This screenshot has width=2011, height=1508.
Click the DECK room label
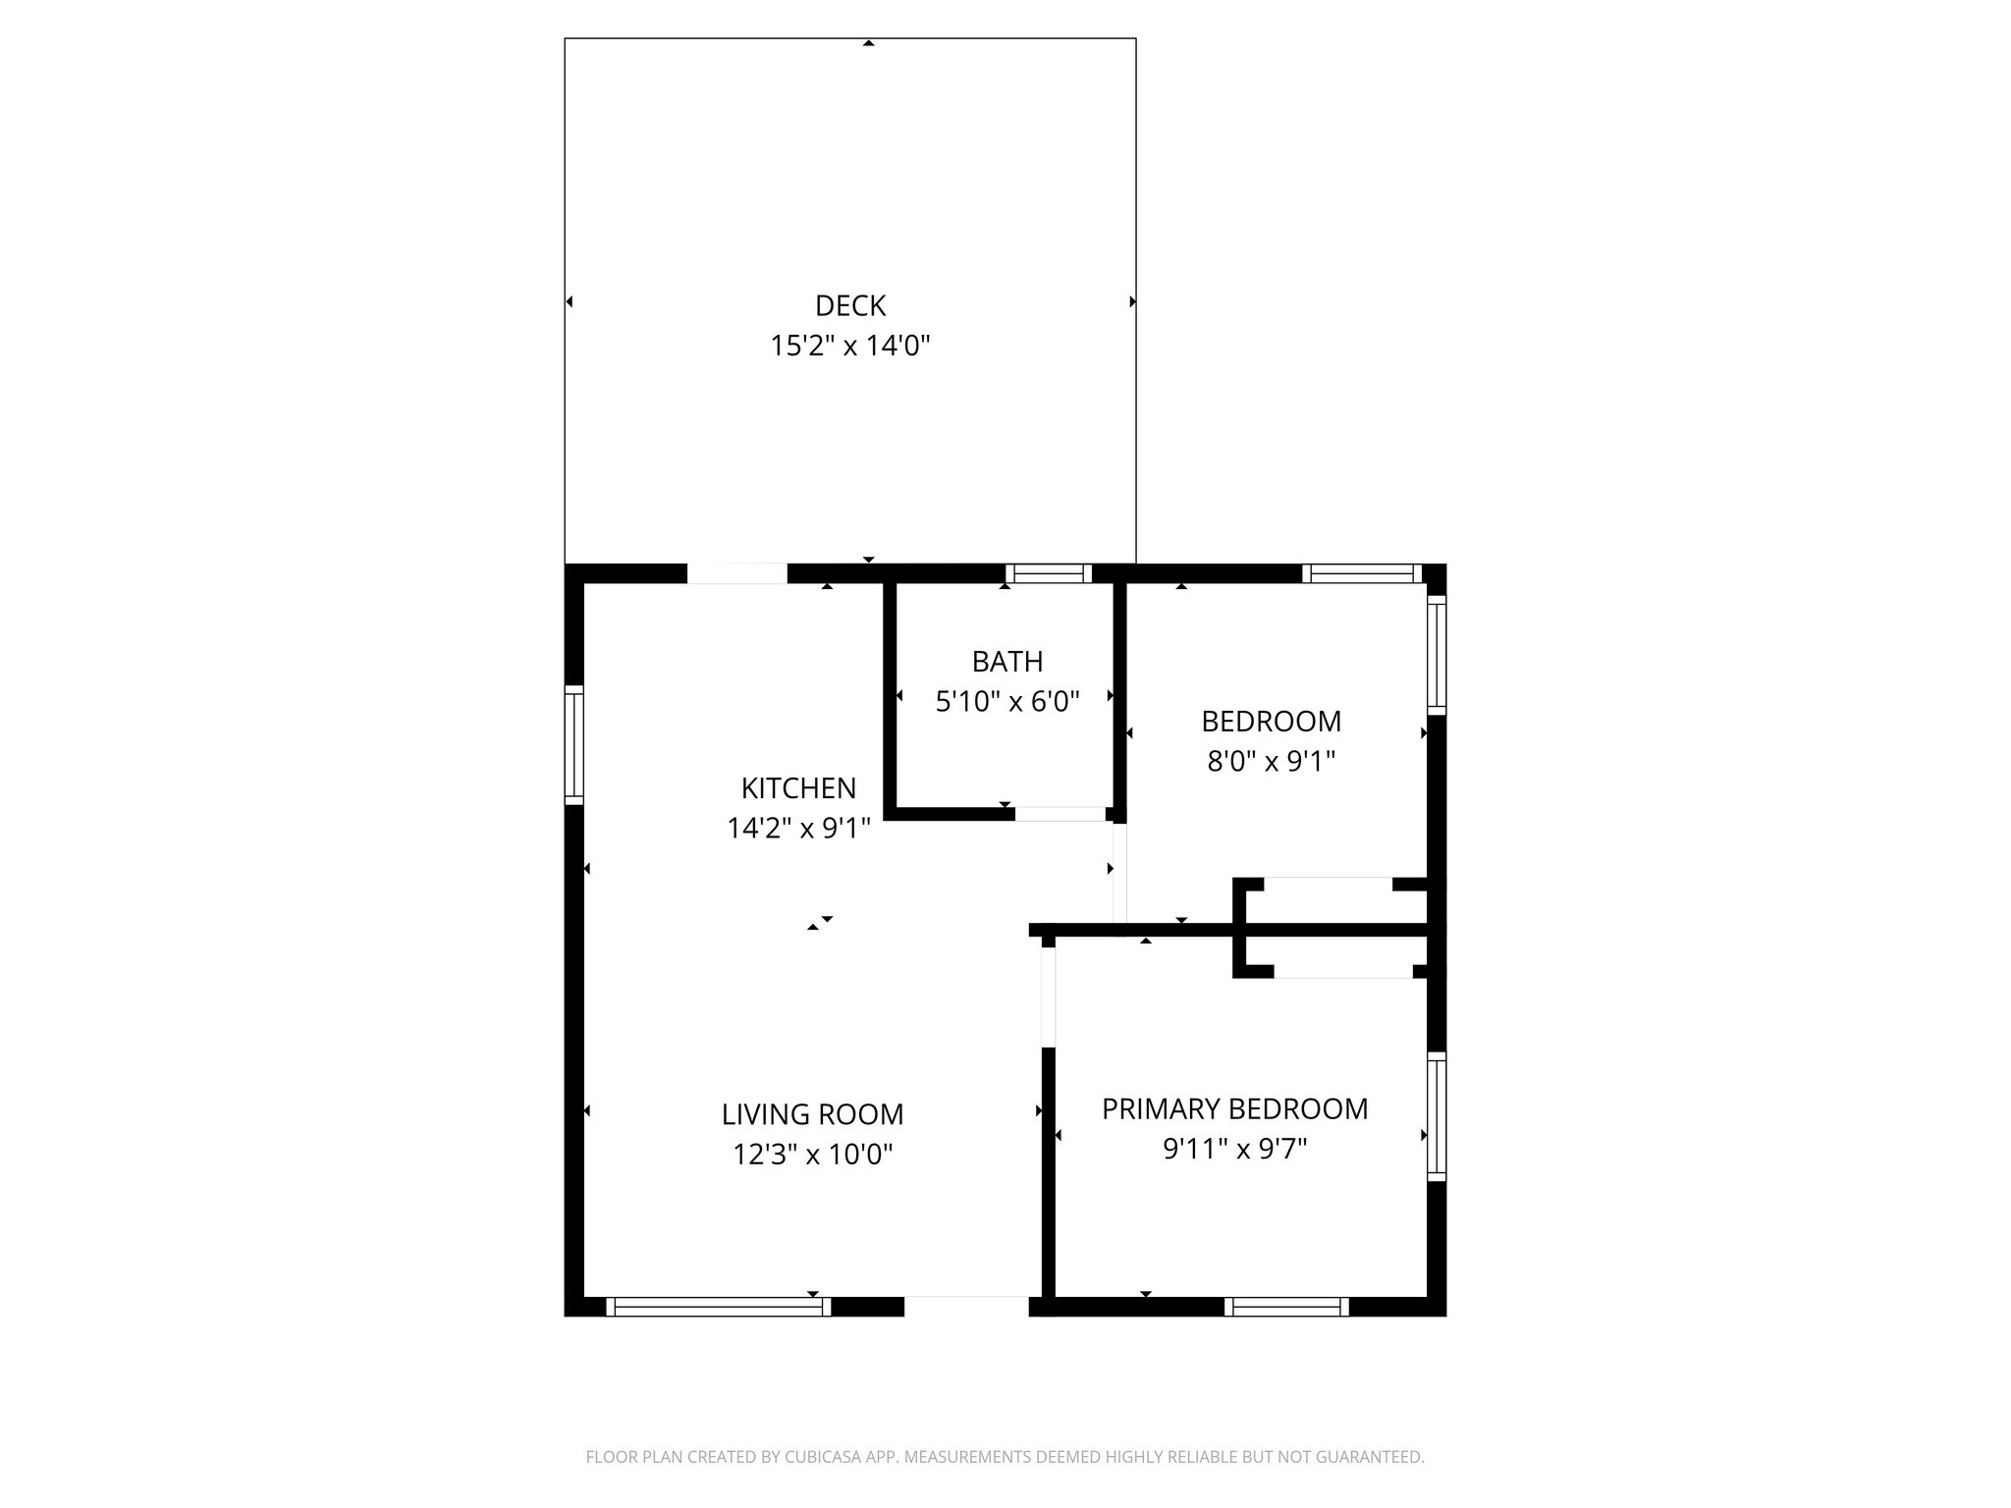tap(850, 306)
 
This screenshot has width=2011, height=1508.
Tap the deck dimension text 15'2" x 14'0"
tap(850, 347)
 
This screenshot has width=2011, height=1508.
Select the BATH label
tap(1007, 662)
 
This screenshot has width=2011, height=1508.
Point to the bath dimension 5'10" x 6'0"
tap(1007, 702)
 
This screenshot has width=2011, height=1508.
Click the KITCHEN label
tap(798, 788)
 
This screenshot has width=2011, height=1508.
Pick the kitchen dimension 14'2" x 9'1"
tap(798, 829)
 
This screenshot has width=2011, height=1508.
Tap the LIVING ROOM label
tap(812, 1114)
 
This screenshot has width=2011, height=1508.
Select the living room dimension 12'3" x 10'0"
tap(812, 1155)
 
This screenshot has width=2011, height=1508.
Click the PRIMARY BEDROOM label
tap(1234, 1109)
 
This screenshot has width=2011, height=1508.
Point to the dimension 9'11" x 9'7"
tap(1234, 1149)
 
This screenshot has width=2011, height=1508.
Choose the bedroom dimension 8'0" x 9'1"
tap(1272, 762)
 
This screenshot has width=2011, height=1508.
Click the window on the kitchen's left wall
tap(574, 745)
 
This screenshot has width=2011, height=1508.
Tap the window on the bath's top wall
tap(1048, 574)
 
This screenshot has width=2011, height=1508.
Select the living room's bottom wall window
tap(719, 1307)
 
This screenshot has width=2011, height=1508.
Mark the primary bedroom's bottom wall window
tap(1286, 1307)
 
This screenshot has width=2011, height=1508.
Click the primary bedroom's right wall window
tap(1437, 1117)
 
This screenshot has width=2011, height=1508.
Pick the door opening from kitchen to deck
tap(736, 574)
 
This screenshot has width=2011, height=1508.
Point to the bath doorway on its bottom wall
tap(1060, 814)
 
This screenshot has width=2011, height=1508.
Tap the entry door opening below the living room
tap(966, 1307)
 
